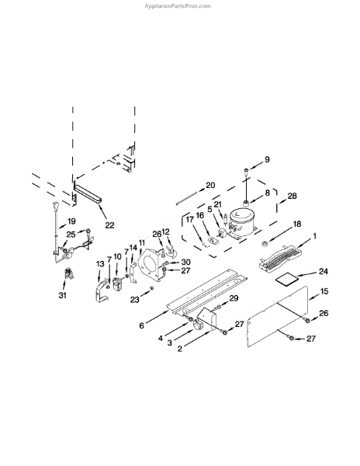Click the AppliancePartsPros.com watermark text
[178, 6]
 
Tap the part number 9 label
[267, 159]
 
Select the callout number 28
[292, 196]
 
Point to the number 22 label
[109, 225]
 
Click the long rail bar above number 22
[88, 193]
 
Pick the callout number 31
[62, 295]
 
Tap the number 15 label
[324, 291]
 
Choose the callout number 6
[141, 325]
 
